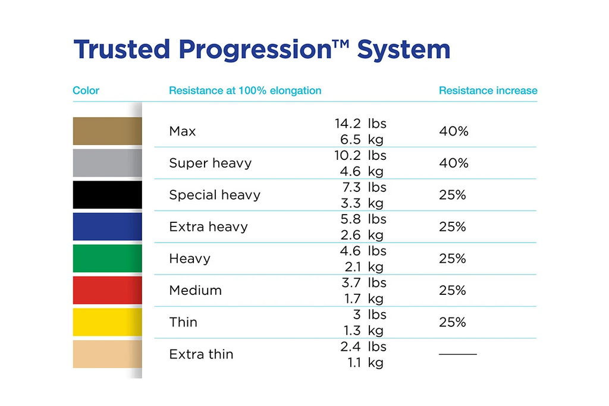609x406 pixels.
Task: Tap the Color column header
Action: [86, 91]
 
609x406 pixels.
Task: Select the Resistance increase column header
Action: [488, 91]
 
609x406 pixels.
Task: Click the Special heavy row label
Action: [215, 195]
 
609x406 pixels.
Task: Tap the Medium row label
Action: [195, 291]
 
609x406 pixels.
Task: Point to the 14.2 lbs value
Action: [360, 124]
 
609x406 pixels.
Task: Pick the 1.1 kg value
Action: [364, 363]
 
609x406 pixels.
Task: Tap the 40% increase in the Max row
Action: [454, 131]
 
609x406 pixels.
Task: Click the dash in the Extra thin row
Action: [458, 354]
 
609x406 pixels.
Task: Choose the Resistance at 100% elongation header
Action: [245, 91]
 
